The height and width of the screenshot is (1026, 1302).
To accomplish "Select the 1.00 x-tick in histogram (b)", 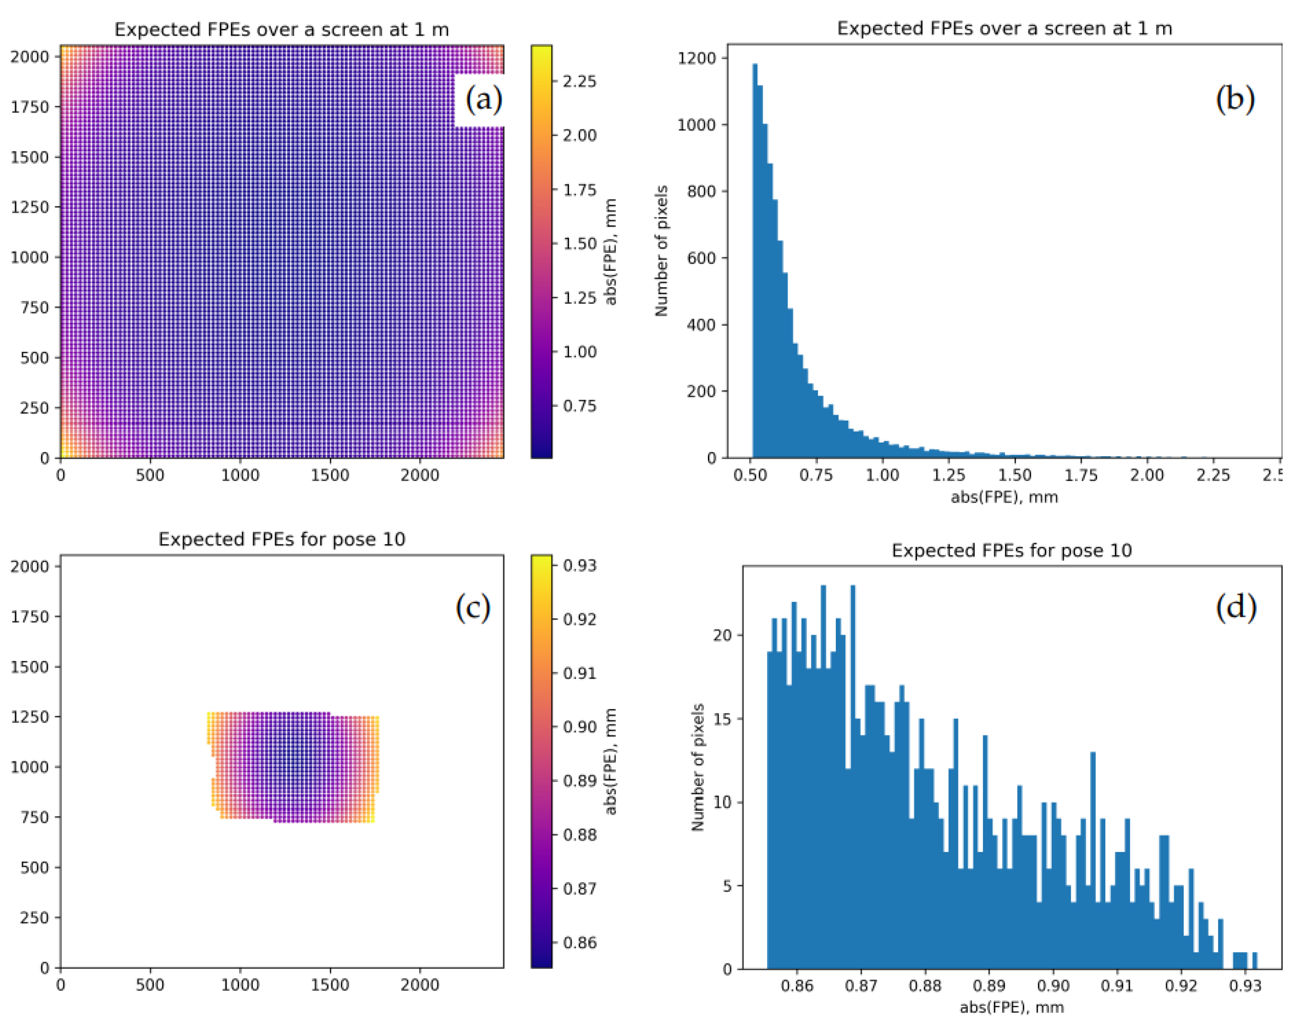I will pos(882,475).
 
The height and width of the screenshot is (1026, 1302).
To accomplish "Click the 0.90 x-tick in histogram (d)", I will pos(1053,986).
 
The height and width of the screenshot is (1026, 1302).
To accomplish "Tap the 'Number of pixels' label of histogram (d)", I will pos(697,767).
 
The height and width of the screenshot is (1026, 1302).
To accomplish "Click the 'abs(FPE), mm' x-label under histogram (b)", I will pos(1004,497).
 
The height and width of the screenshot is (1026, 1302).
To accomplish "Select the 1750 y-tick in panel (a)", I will pos(29,107).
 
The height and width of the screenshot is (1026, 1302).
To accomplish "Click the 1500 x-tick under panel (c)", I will pos(329,985).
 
